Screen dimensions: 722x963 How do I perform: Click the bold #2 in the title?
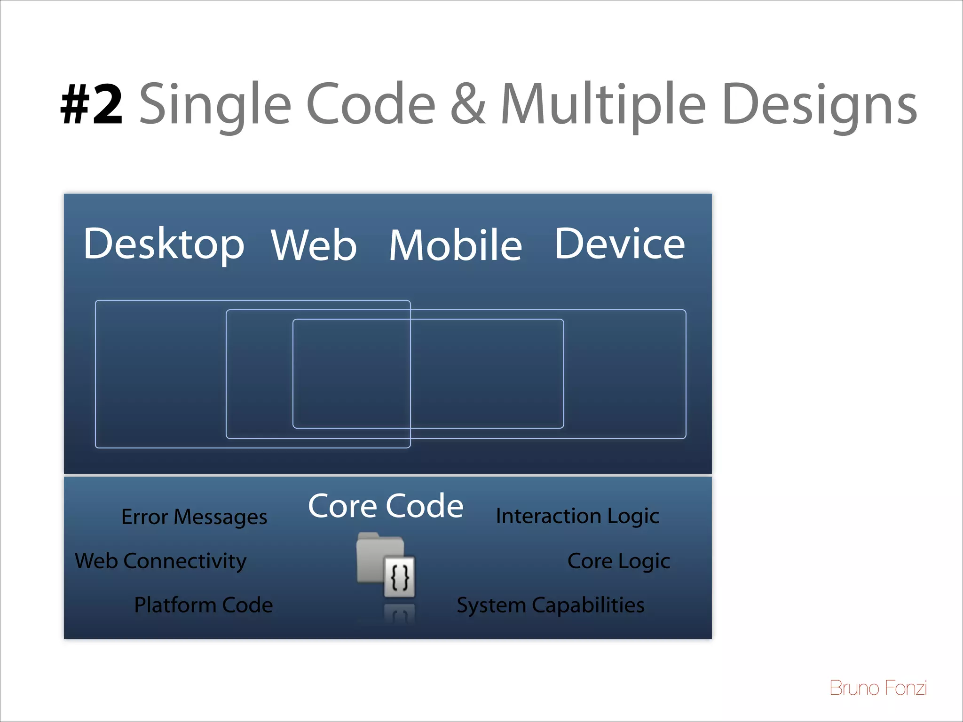[92, 104]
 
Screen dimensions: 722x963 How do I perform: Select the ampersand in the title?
[468, 104]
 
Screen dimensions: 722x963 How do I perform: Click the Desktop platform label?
[164, 244]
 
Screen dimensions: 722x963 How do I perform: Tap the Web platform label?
[314, 245]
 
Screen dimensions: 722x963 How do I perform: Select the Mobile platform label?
[455, 245]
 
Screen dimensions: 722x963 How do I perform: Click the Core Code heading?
[386, 506]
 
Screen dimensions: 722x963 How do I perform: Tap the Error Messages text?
[194, 517]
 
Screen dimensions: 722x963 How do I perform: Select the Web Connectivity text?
[160, 561]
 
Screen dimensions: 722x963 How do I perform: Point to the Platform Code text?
[203, 605]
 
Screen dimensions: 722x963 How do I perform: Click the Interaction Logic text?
[577, 516]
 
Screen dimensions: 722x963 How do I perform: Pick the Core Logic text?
[618, 561]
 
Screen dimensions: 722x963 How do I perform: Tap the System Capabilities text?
[551, 605]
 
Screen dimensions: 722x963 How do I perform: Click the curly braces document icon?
[400, 577]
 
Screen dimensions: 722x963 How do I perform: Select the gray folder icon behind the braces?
[375, 555]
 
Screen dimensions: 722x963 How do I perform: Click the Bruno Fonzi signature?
[878, 688]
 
